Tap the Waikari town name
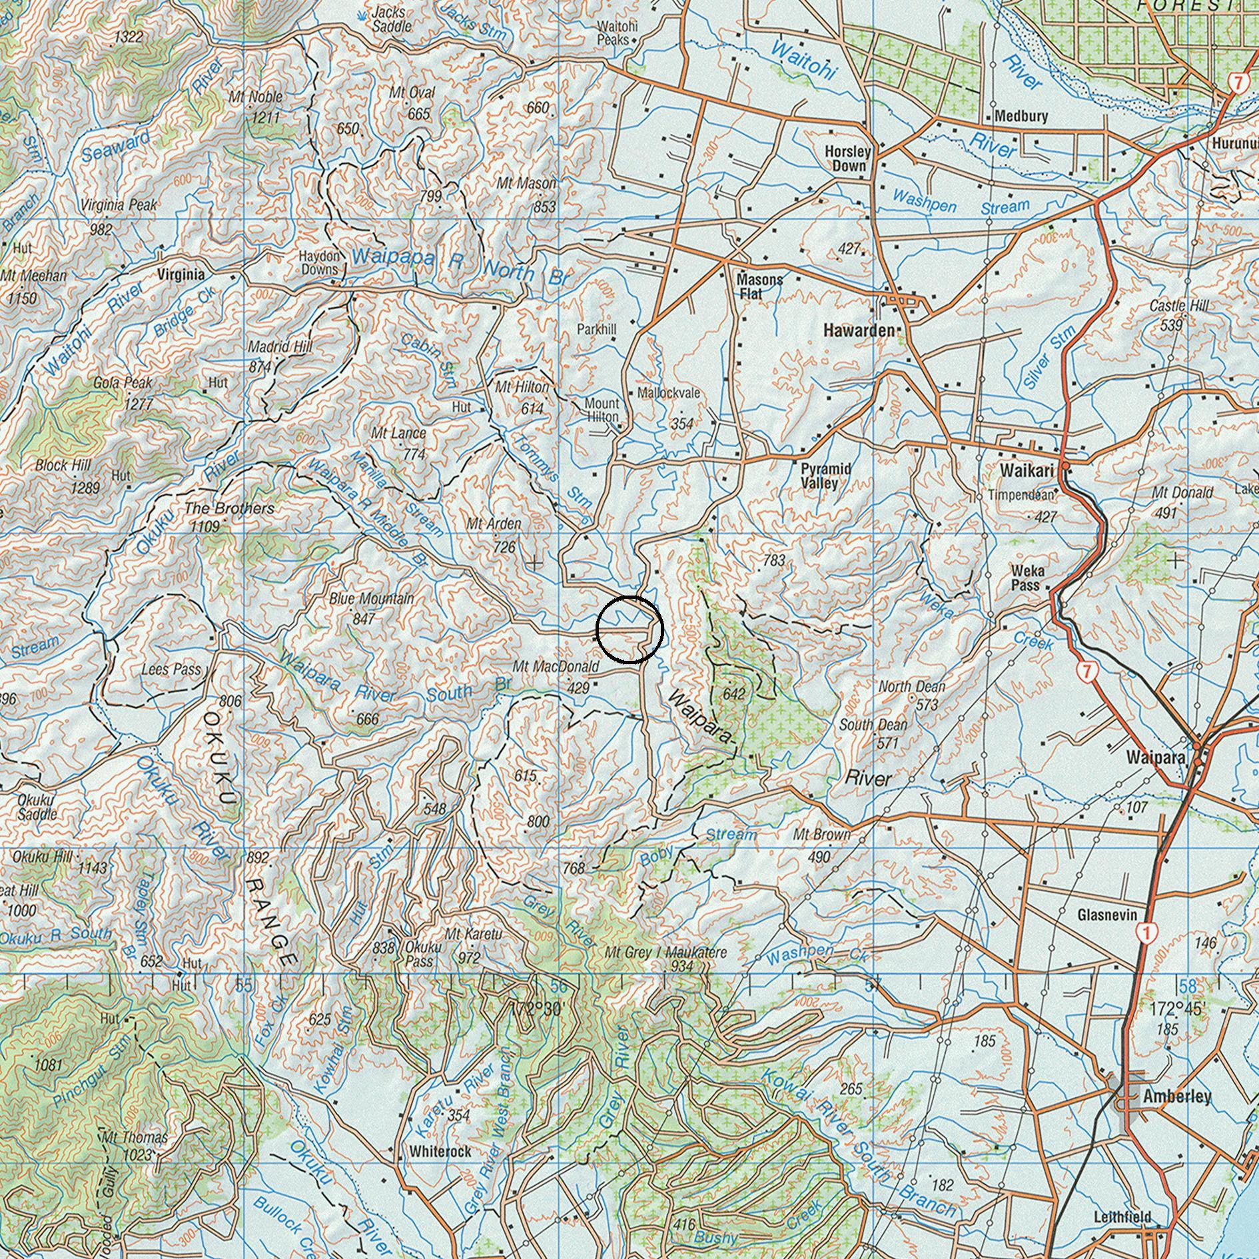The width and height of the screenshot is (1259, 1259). click(x=1026, y=471)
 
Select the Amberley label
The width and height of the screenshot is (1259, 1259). click(x=1176, y=1096)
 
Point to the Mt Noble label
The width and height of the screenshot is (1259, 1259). click(x=256, y=97)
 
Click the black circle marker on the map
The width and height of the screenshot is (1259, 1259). click(x=629, y=629)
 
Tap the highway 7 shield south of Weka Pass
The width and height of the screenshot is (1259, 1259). click(x=1086, y=671)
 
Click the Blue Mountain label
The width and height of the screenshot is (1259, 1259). click(x=371, y=599)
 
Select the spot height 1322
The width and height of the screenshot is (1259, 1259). click(x=128, y=37)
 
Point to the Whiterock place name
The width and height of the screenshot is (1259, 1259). click(x=440, y=1151)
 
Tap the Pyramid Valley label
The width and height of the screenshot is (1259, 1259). click(x=825, y=476)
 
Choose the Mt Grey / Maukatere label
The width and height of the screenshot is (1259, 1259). click(x=665, y=953)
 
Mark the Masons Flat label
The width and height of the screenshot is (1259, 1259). click(x=759, y=286)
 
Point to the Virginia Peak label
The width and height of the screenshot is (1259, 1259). click(x=120, y=205)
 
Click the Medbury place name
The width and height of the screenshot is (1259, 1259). click(x=1021, y=117)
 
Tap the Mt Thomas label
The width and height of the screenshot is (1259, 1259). click(x=134, y=1138)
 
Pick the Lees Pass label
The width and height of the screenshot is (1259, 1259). click(x=171, y=669)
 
